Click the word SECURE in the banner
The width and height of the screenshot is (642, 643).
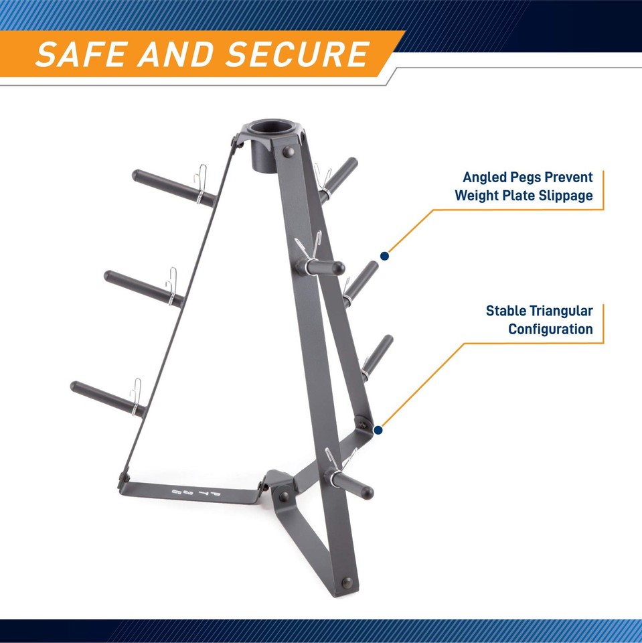pos(298,54)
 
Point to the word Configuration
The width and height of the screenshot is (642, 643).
pos(550,330)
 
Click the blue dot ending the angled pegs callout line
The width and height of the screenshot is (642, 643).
pos(385,255)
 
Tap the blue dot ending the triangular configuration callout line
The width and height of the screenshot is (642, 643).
pos(378,431)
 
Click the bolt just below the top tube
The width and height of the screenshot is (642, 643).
pos(289,153)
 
